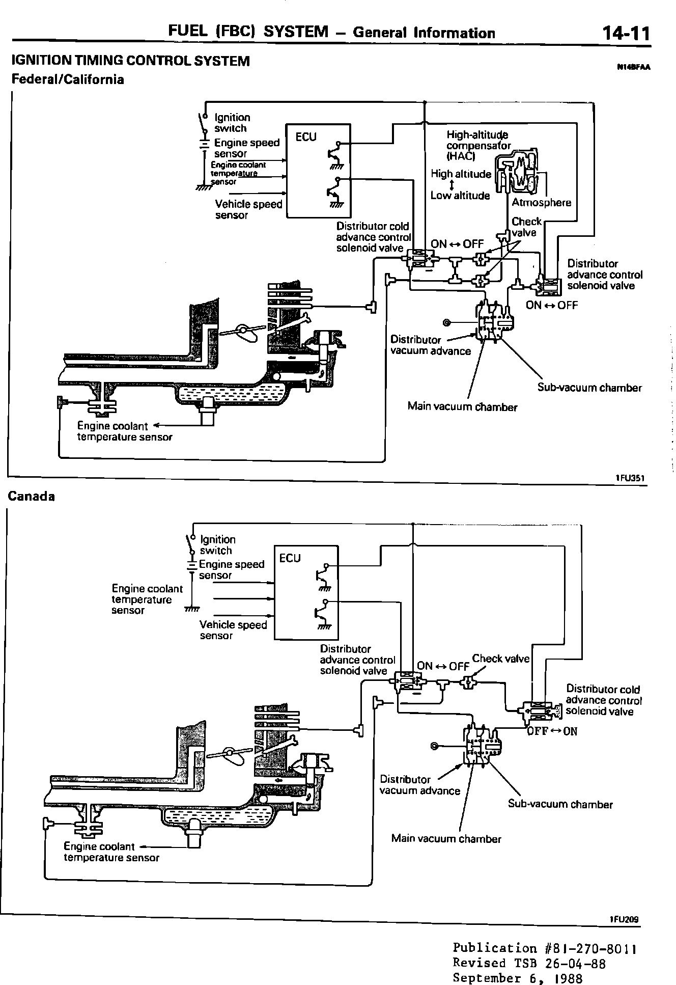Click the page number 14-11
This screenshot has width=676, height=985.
[x=626, y=34]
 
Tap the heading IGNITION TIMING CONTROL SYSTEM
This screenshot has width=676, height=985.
[x=130, y=61]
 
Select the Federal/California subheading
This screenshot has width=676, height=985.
[x=68, y=79]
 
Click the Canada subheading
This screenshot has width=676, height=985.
[x=31, y=497]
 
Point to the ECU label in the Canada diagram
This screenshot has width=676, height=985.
[x=290, y=558]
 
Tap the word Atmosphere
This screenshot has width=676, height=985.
[x=541, y=203]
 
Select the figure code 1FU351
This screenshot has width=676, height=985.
[x=630, y=478]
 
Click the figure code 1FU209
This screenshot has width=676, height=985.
[x=624, y=905]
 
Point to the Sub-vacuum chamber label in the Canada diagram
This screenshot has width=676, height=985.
[x=560, y=804]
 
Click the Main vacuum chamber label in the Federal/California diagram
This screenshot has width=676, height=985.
[x=462, y=407]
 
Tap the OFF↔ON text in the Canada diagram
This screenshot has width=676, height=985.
[x=552, y=731]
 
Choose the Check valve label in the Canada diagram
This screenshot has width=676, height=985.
[x=501, y=659]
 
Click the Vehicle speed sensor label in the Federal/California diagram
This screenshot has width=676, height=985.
[x=248, y=209]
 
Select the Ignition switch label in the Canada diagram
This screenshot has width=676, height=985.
[x=217, y=545]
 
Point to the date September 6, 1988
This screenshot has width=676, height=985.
[x=518, y=978]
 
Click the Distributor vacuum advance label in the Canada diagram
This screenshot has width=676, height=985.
[x=420, y=785]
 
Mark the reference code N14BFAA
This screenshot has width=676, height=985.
[x=634, y=67]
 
